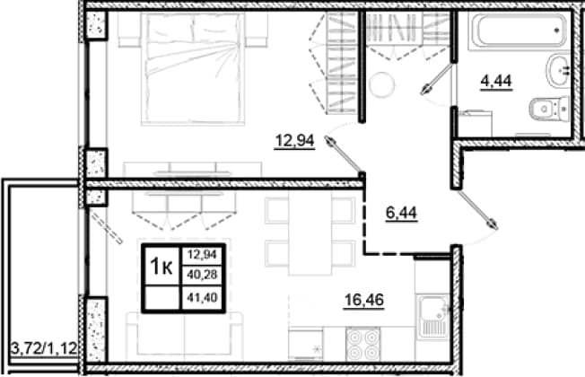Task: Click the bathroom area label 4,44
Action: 496,81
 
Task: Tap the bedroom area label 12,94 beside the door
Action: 294,141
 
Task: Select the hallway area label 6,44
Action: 401,213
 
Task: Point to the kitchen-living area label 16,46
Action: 363,300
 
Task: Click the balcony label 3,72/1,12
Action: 44,348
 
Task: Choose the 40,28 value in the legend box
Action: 202,275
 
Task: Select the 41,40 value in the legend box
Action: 202,298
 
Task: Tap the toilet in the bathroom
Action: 549,109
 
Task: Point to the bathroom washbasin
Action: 558,70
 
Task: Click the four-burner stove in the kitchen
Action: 362,344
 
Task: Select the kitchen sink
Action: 433,317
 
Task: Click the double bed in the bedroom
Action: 193,68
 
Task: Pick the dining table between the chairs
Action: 310,232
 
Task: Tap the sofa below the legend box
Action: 184,334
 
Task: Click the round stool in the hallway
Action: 381,84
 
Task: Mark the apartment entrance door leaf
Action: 478,209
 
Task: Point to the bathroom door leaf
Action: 437,79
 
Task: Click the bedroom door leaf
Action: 344,155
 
